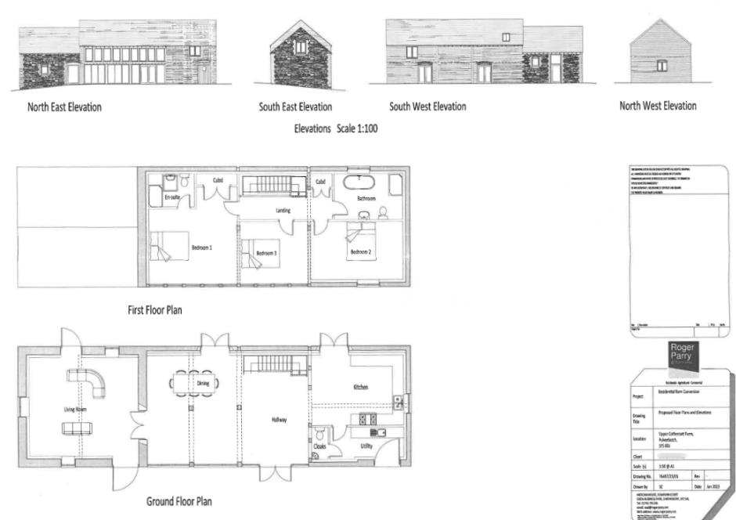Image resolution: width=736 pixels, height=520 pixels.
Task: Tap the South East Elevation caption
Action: (x=295, y=107)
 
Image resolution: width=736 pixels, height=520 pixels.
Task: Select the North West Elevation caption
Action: (x=658, y=107)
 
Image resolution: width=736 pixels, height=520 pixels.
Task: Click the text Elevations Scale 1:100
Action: (x=336, y=128)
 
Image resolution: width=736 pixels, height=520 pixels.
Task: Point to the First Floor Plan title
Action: (x=155, y=310)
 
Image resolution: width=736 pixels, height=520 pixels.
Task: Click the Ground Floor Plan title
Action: (x=179, y=501)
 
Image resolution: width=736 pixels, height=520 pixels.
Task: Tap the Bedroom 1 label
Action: (x=202, y=248)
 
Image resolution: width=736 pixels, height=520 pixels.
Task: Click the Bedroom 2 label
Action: (x=360, y=251)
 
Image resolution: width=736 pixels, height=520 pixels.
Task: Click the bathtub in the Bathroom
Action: (x=360, y=182)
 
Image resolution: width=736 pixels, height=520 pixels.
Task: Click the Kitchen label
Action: (x=360, y=387)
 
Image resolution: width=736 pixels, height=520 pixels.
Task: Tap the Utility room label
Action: (x=366, y=446)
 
